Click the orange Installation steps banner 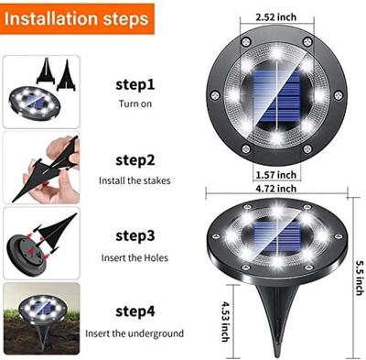78,18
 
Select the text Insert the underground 135,333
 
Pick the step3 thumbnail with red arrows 40,242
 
